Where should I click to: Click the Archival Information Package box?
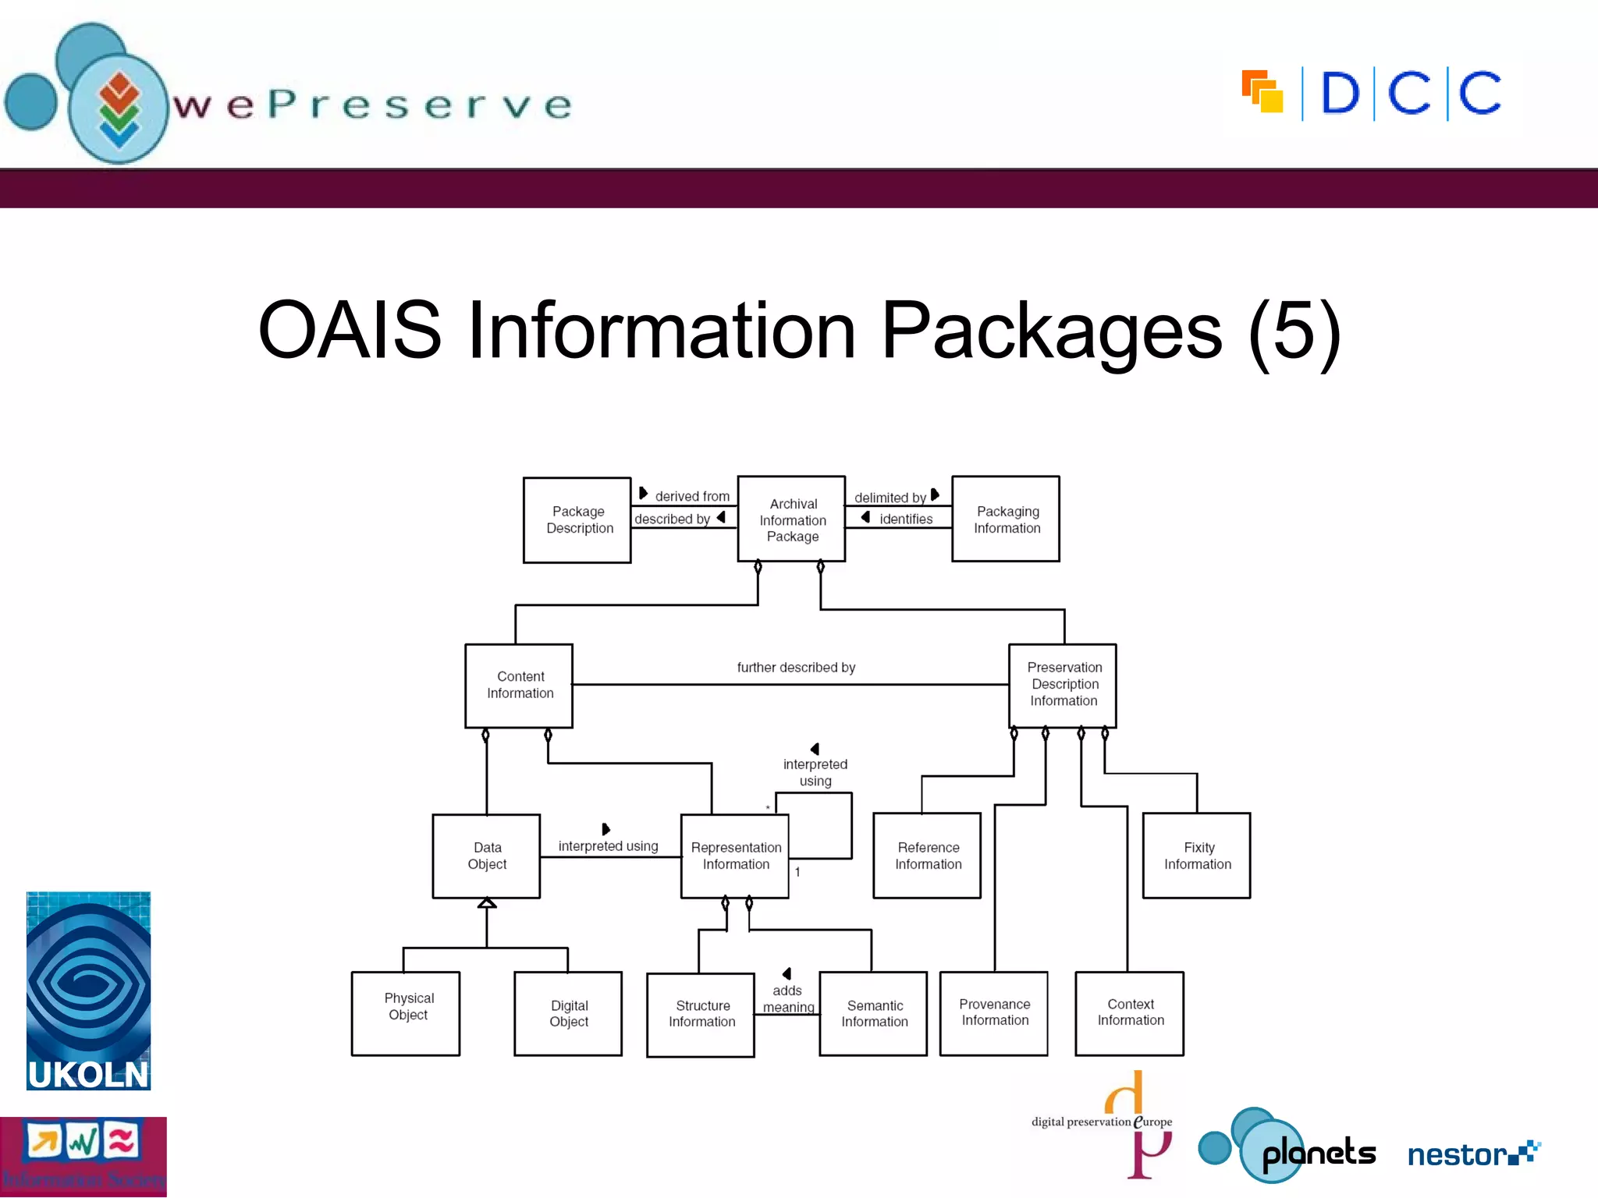[x=791, y=519]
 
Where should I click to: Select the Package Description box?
[x=577, y=519]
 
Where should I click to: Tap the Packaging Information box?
[x=1006, y=519]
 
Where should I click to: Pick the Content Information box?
[x=519, y=686]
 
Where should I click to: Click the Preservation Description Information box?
[x=1063, y=685]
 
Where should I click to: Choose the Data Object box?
[x=486, y=856]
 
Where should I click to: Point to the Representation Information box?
[x=735, y=856]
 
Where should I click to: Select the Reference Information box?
[x=927, y=856]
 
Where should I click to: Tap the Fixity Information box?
[x=1197, y=856]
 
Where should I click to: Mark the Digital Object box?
[x=568, y=1013]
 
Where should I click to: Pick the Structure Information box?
[x=701, y=1014]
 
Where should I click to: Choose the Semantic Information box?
[x=873, y=1013]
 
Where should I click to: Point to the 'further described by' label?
[x=796, y=668]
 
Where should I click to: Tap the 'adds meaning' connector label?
[x=788, y=999]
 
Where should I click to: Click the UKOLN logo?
[x=88, y=991]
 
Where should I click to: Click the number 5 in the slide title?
[x=1294, y=331]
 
